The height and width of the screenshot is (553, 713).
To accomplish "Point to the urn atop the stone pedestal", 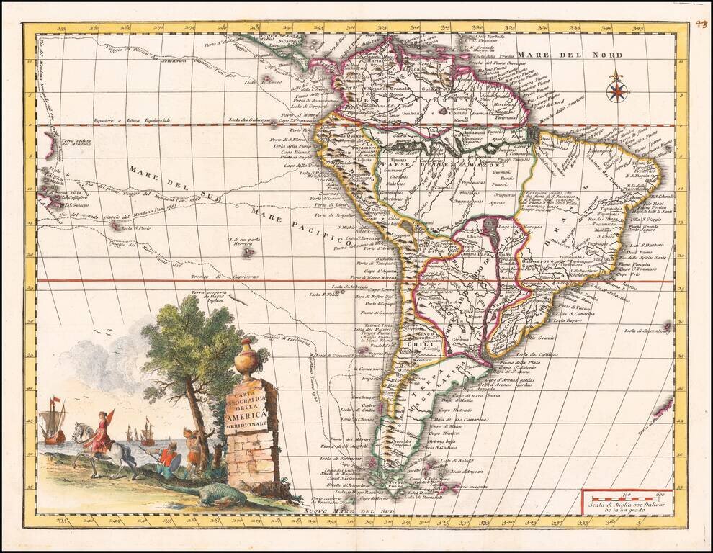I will tap(246, 359).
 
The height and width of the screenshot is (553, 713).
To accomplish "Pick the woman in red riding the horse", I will tap(101, 432).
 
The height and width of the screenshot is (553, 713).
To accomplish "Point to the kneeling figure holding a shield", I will tap(170, 459).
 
